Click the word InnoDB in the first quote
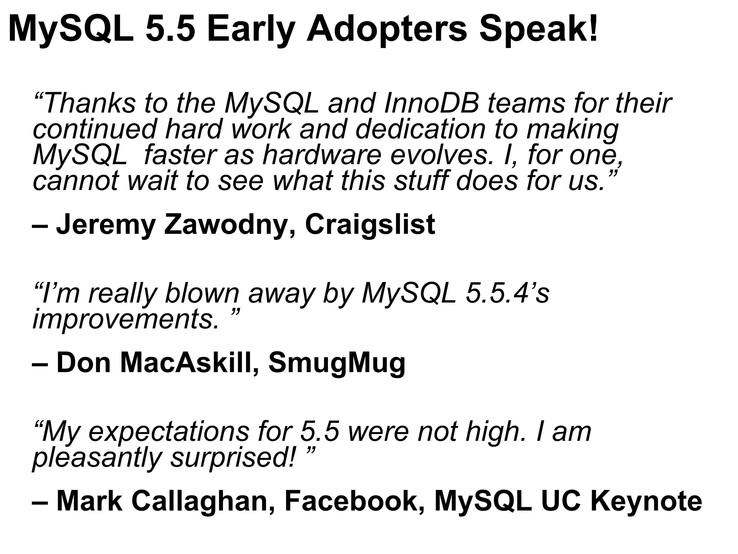click(x=431, y=104)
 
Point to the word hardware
click(x=321, y=155)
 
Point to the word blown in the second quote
click(x=202, y=293)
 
